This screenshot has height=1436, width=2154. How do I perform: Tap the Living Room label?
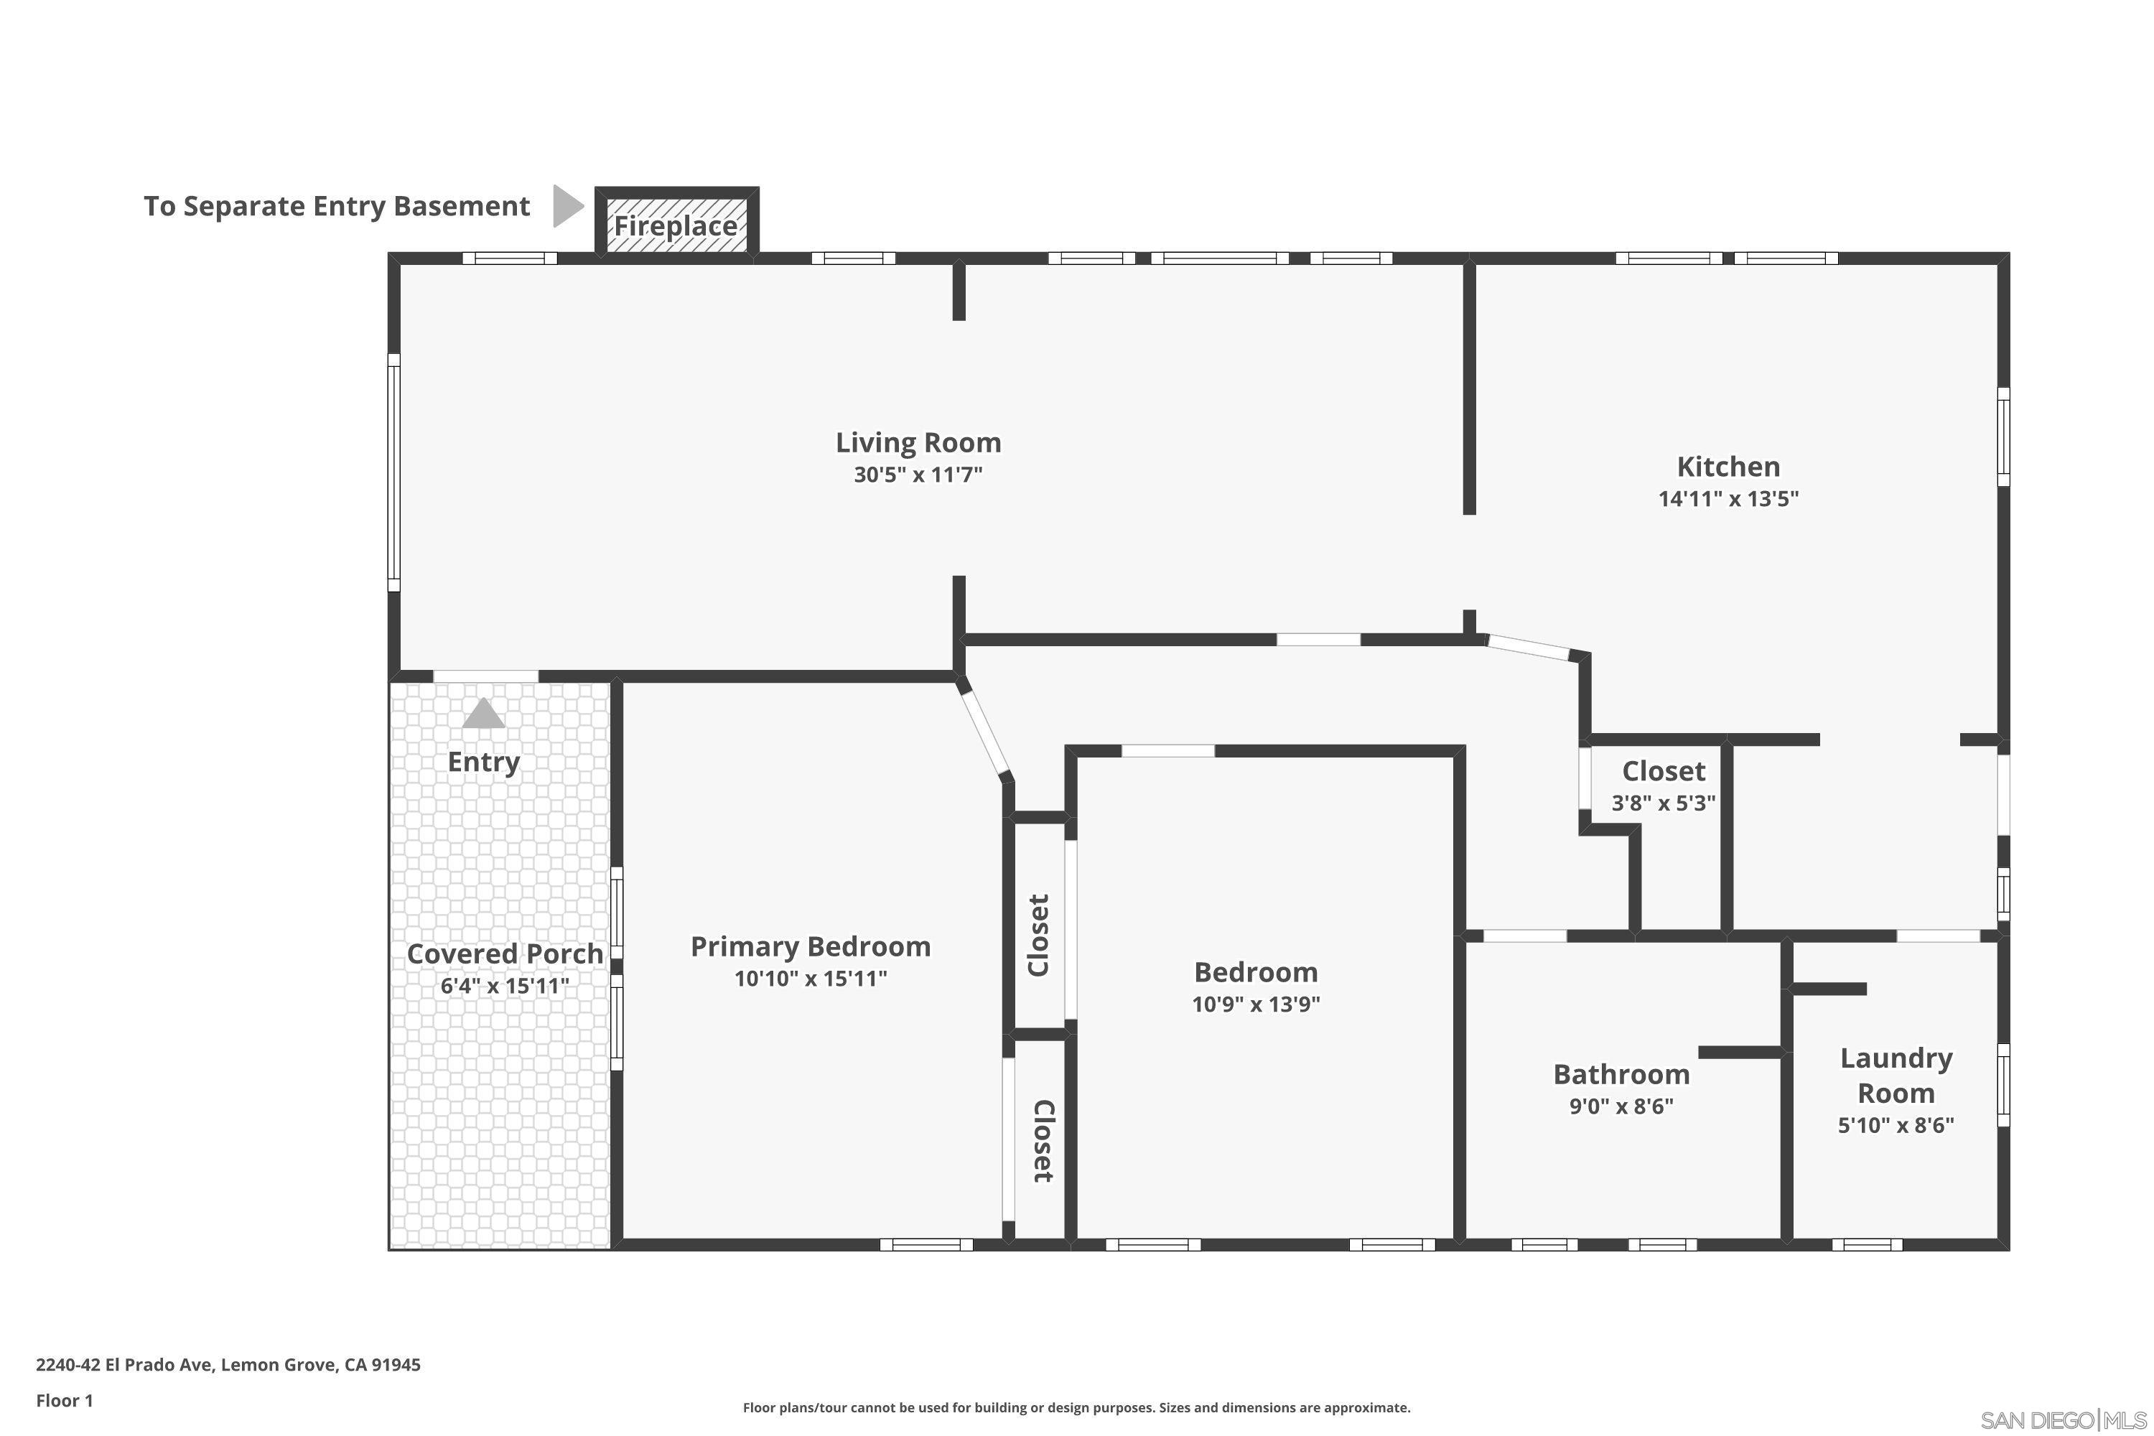tap(918, 442)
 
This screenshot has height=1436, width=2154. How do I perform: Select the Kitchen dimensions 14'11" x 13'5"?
tap(1728, 499)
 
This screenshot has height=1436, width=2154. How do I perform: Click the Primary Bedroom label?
tap(811, 946)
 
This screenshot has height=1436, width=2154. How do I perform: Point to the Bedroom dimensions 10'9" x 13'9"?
tap(1256, 1004)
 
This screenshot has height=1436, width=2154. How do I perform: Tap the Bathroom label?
tap(1621, 1073)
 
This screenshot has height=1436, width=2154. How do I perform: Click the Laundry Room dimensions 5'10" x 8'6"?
tap(1896, 1124)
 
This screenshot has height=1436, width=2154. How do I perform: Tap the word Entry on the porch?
tap(483, 761)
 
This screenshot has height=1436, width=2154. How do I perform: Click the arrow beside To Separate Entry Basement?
tap(567, 205)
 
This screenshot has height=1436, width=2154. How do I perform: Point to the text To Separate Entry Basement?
tap(336, 206)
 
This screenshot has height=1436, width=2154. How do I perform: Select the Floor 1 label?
tap(64, 1400)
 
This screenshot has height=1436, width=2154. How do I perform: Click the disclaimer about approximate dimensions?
tap(1076, 1407)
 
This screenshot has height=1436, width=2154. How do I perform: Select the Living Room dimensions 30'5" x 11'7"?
tap(918, 475)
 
